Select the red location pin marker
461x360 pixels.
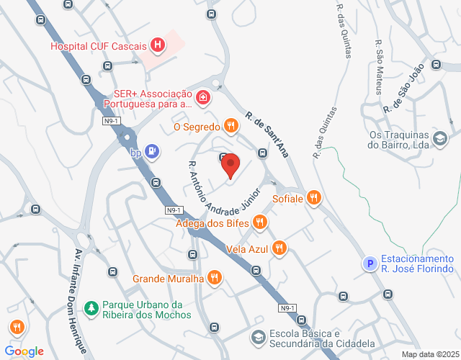[230, 167]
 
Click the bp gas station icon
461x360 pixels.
[152, 151]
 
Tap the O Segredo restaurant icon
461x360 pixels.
[230, 127]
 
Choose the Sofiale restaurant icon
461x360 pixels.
[313, 197]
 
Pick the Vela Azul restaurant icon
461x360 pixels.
[279, 248]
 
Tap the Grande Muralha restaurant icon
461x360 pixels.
[214, 277]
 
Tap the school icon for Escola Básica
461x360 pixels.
[257, 337]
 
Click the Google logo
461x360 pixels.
[27, 351]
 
